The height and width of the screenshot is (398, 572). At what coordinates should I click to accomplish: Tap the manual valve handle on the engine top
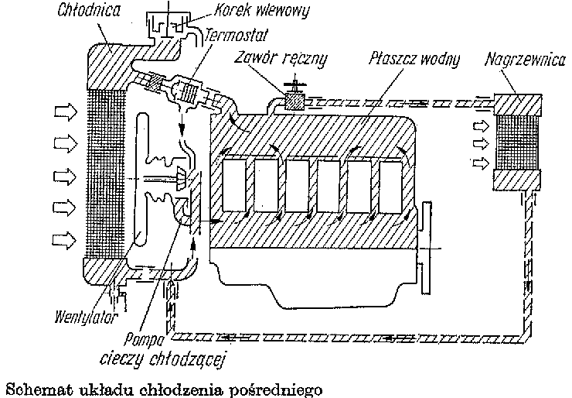click(295, 87)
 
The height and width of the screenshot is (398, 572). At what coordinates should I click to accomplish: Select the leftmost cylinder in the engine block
click(236, 186)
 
